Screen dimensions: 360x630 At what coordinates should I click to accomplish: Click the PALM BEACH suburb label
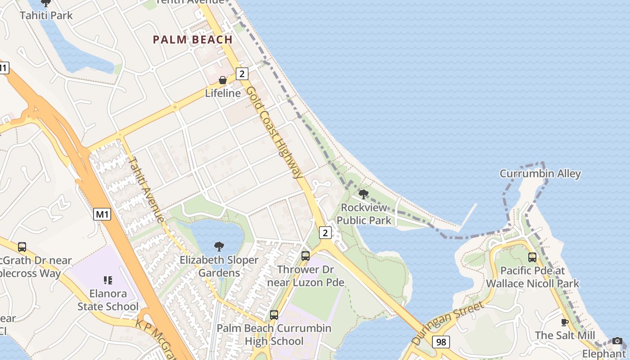click(x=193, y=40)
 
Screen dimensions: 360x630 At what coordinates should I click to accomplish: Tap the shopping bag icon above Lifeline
click(x=222, y=81)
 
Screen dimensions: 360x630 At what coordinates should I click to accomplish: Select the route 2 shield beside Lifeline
click(x=242, y=74)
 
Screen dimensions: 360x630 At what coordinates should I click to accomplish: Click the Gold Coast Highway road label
click(x=274, y=132)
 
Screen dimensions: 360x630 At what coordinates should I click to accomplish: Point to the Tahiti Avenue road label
click(x=146, y=189)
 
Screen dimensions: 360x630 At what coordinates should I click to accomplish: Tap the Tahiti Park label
click(x=46, y=15)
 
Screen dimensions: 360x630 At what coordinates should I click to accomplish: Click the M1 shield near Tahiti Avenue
click(x=103, y=215)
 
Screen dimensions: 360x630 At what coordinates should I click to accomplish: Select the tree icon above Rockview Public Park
click(x=364, y=194)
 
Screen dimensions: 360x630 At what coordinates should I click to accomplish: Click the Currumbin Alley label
click(x=540, y=174)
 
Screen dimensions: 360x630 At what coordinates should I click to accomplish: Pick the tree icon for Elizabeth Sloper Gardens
click(x=219, y=246)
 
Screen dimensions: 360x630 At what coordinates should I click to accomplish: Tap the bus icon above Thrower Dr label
click(x=306, y=256)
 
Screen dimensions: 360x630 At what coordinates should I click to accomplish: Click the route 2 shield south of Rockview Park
click(x=326, y=232)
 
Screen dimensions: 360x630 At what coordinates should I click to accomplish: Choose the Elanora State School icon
click(x=108, y=280)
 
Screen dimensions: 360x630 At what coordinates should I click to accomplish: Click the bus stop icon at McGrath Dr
click(x=22, y=247)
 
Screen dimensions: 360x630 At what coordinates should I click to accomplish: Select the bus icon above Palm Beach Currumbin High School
click(x=274, y=315)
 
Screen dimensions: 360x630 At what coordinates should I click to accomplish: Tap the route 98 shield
click(x=441, y=342)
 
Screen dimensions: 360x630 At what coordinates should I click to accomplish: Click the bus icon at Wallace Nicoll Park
click(x=532, y=257)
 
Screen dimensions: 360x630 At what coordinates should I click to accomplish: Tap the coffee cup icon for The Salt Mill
click(x=565, y=322)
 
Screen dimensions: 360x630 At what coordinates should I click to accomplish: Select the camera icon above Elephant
click(x=617, y=341)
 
